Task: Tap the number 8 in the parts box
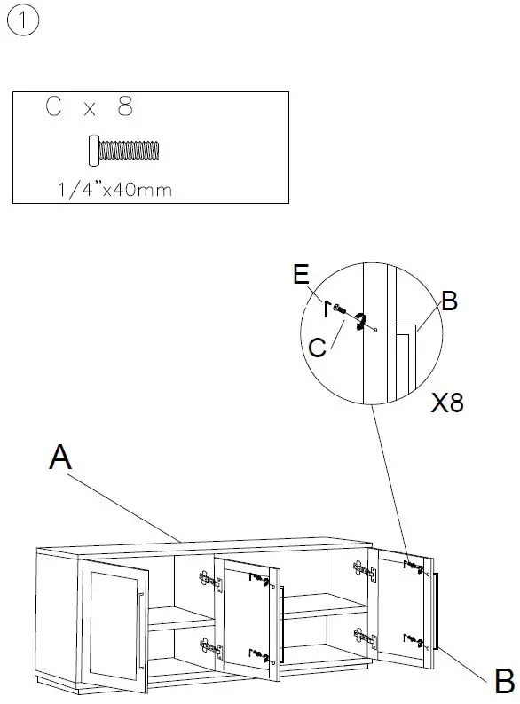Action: click(x=124, y=107)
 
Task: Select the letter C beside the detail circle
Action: click(x=318, y=347)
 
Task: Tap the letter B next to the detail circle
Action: click(x=449, y=301)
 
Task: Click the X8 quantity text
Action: click(x=447, y=403)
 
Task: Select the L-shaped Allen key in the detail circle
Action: click(x=327, y=308)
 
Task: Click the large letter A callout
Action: click(x=60, y=458)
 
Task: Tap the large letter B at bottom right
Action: click(x=503, y=682)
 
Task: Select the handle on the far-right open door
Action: click(x=437, y=612)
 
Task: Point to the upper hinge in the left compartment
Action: click(x=208, y=582)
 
